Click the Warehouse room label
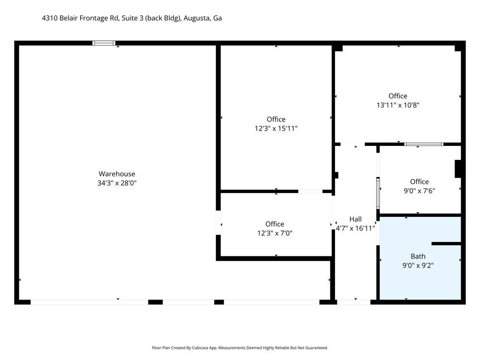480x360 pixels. pyautogui.click(x=117, y=174)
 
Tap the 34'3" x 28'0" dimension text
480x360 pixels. pyautogui.click(x=117, y=183)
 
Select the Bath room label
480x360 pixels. pyautogui.click(x=418, y=256)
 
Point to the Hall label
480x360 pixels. pyautogui.click(x=355, y=219)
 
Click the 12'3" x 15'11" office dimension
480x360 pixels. pyautogui.click(x=276, y=129)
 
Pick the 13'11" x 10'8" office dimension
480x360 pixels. pyautogui.click(x=397, y=105)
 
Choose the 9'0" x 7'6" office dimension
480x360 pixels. pyautogui.click(x=420, y=191)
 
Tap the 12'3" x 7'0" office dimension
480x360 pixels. pyautogui.click(x=275, y=233)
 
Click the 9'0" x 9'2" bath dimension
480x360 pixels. pyautogui.click(x=418, y=265)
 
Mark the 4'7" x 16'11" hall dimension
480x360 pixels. pyautogui.click(x=355, y=228)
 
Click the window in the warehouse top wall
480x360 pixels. pyautogui.click(x=104, y=43)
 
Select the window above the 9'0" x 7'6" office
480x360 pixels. pyautogui.click(x=424, y=144)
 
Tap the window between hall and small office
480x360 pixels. pyautogui.click(x=378, y=193)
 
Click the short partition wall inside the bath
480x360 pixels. pyautogui.click(x=446, y=244)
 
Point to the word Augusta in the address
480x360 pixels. pyautogui.click(x=197, y=18)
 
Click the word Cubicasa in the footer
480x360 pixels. pyautogui.click(x=201, y=348)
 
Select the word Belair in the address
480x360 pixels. pyautogui.click(x=69, y=18)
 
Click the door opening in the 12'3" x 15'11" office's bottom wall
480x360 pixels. pyautogui.click(x=310, y=192)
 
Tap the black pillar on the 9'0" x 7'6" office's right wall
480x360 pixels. pyautogui.click(x=458, y=168)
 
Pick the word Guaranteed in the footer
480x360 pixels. pyautogui.click(x=318, y=348)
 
